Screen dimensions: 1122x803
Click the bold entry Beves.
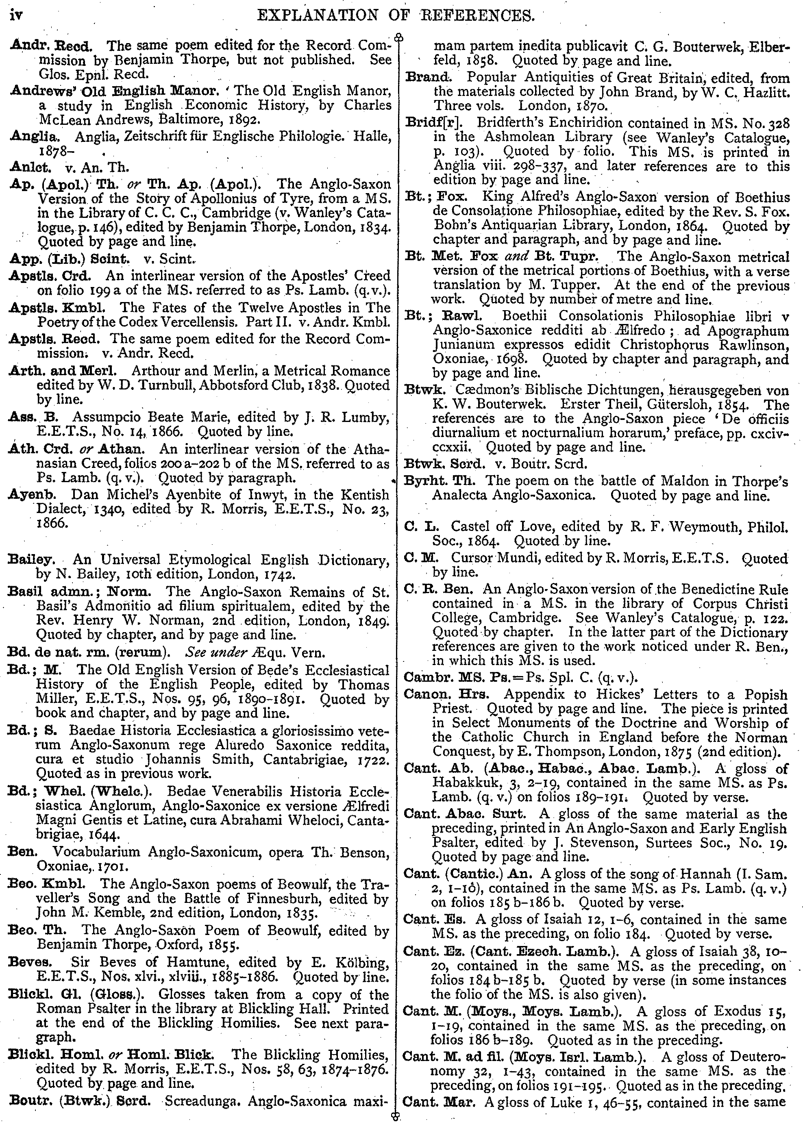(x=30, y=961)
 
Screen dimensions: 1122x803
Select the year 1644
(x=102, y=835)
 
